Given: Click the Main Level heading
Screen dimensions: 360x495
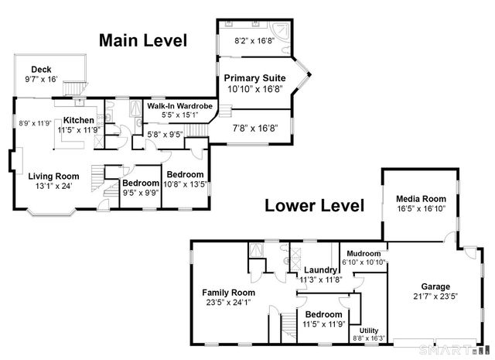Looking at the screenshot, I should (142, 40).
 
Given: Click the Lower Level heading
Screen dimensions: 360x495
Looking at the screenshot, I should (314, 206).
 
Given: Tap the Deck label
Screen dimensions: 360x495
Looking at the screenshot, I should (41, 69).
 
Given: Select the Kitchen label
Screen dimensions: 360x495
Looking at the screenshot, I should (79, 120).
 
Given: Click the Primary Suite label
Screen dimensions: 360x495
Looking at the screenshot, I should (254, 78).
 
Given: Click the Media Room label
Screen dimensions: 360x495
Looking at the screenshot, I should (418, 197).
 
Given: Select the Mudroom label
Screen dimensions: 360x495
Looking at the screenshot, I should (364, 253).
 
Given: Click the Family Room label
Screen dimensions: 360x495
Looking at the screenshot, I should (229, 292).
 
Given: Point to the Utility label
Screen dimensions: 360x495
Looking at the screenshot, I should (369, 330).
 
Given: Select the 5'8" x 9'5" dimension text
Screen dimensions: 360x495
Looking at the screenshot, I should (165, 133).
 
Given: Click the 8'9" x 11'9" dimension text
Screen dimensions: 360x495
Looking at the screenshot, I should (34, 122).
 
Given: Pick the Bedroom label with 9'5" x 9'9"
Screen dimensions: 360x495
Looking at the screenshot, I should (140, 183).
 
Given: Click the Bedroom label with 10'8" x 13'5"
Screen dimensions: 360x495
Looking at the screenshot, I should (186, 175).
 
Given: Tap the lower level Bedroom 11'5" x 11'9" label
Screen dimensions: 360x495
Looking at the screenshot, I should (324, 314).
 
